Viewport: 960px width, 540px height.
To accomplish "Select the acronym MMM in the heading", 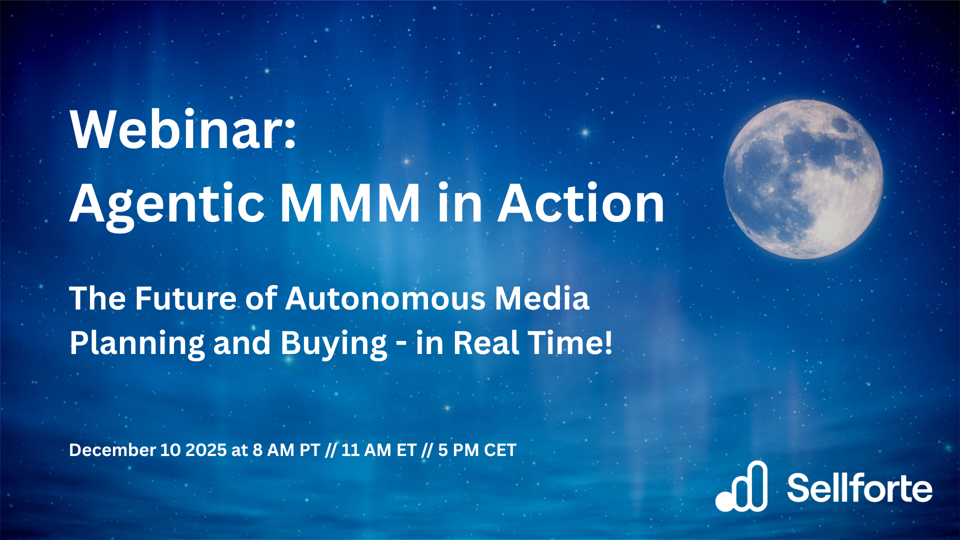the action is (350, 203).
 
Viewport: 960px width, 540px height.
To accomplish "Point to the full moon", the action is (803, 179).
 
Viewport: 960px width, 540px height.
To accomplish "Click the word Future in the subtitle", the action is (185, 298).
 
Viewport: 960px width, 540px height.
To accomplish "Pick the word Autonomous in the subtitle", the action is (385, 298).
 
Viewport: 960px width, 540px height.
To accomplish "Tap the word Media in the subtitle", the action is (542, 298).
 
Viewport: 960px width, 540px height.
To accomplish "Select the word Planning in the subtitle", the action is (137, 344).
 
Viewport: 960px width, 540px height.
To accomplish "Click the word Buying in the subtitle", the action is (333, 344).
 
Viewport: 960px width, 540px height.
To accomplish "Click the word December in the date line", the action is (112, 450).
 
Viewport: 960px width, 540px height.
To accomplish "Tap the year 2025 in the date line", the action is (206, 450).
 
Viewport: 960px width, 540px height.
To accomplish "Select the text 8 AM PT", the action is (286, 450).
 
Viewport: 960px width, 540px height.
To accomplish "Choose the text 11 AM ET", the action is (378, 450).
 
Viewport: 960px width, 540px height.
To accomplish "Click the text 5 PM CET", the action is (477, 450).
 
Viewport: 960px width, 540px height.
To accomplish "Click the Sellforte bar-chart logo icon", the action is (741, 486).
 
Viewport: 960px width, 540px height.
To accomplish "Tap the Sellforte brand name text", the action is (860, 487).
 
